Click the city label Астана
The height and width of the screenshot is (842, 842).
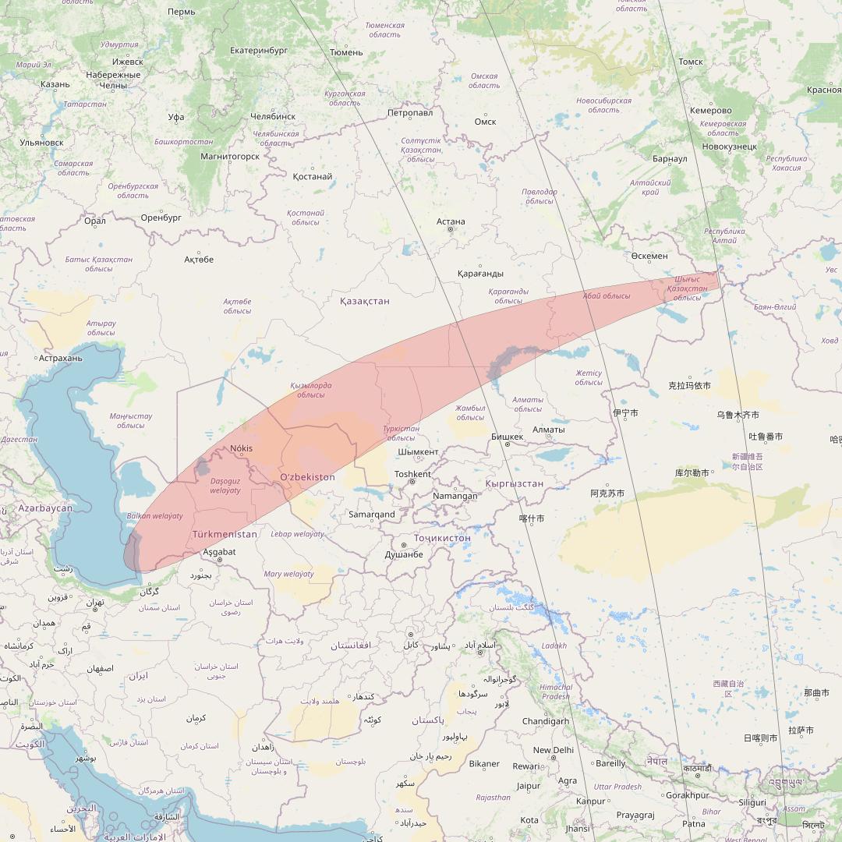451,221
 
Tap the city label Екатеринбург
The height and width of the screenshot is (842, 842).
259,51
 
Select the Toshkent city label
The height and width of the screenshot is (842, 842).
412,474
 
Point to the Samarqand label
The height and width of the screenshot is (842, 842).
371,515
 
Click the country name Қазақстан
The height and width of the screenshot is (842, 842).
365,301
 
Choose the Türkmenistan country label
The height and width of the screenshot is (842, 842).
225,534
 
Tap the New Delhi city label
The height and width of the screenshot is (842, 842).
553,750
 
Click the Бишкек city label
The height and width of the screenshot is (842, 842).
508,437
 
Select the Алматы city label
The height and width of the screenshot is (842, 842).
548,430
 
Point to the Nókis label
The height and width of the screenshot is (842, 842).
242,448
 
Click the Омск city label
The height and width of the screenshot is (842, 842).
485,122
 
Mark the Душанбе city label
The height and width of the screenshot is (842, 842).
404,554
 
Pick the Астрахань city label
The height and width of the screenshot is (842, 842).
60,358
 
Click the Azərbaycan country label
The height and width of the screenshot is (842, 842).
45,508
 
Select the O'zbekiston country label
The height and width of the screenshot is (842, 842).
307,477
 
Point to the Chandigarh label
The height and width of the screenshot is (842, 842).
546,721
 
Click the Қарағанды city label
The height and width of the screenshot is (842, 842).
480,274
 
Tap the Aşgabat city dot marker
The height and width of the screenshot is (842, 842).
221,560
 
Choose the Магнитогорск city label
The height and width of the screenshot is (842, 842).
230,156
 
